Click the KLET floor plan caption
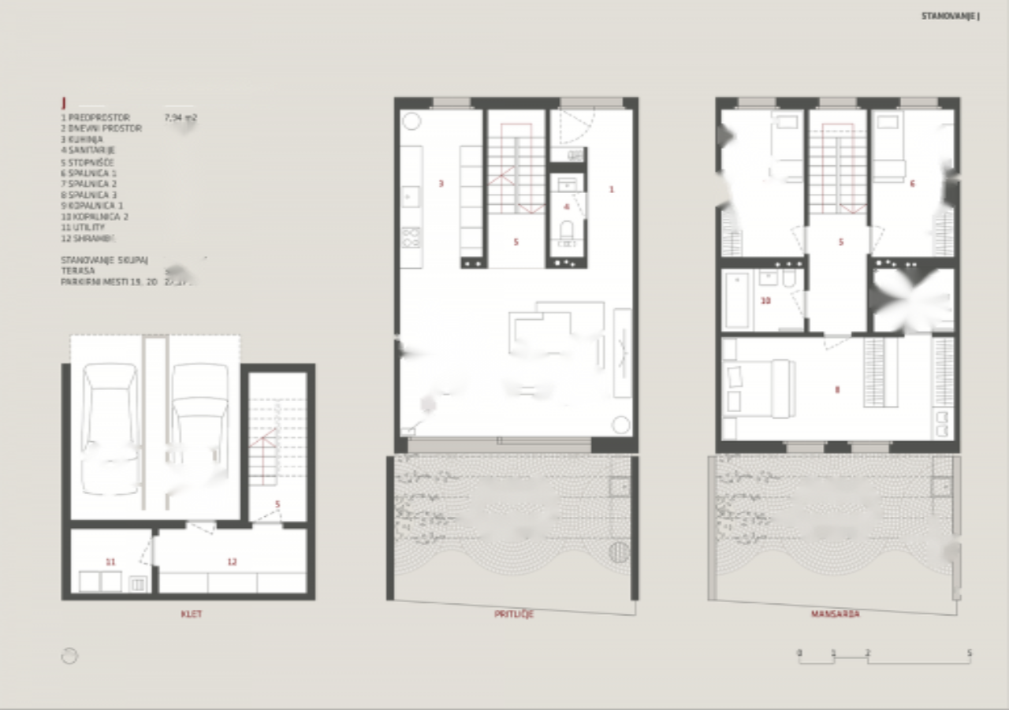[x=191, y=613]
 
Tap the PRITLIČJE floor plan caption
[x=513, y=613]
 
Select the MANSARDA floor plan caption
[x=835, y=613]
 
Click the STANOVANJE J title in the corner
[x=950, y=16]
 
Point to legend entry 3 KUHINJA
[x=82, y=139]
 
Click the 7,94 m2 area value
[x=180, y=117]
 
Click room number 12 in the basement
[x=232, y=562]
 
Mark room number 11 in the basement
[x=110, y=562]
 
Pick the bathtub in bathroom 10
[x=738, y=300]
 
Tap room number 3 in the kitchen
[x=441, y=184]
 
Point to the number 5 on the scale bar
[x=970, y=652]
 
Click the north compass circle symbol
[x=69, y=656]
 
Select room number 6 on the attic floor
[x=912, y=184]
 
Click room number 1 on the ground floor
[x=611, y=189]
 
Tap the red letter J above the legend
[x=64, y=103]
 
